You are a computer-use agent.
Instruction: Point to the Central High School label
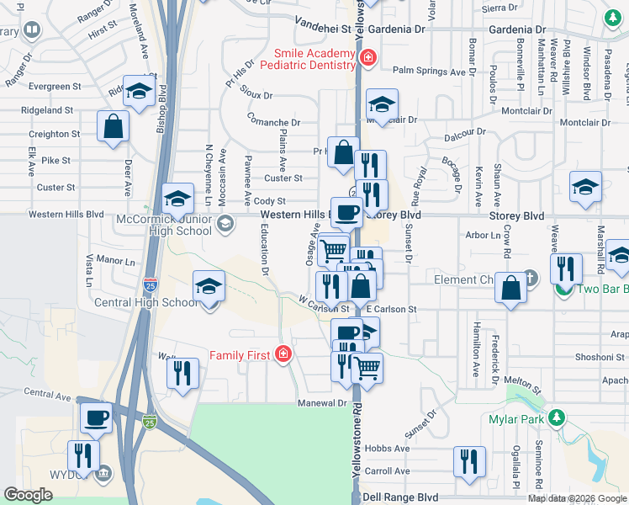146,303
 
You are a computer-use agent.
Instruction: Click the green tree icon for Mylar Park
555,417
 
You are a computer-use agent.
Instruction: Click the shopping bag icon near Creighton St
113,127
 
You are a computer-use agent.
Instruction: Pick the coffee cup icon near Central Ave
96,417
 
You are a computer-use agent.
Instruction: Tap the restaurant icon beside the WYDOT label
82,456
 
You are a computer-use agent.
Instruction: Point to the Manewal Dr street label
323,403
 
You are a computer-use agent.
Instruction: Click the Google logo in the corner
29,495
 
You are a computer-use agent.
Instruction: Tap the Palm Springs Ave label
434,72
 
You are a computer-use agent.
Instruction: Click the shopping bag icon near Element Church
510,287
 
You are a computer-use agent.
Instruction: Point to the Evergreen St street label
55,86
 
